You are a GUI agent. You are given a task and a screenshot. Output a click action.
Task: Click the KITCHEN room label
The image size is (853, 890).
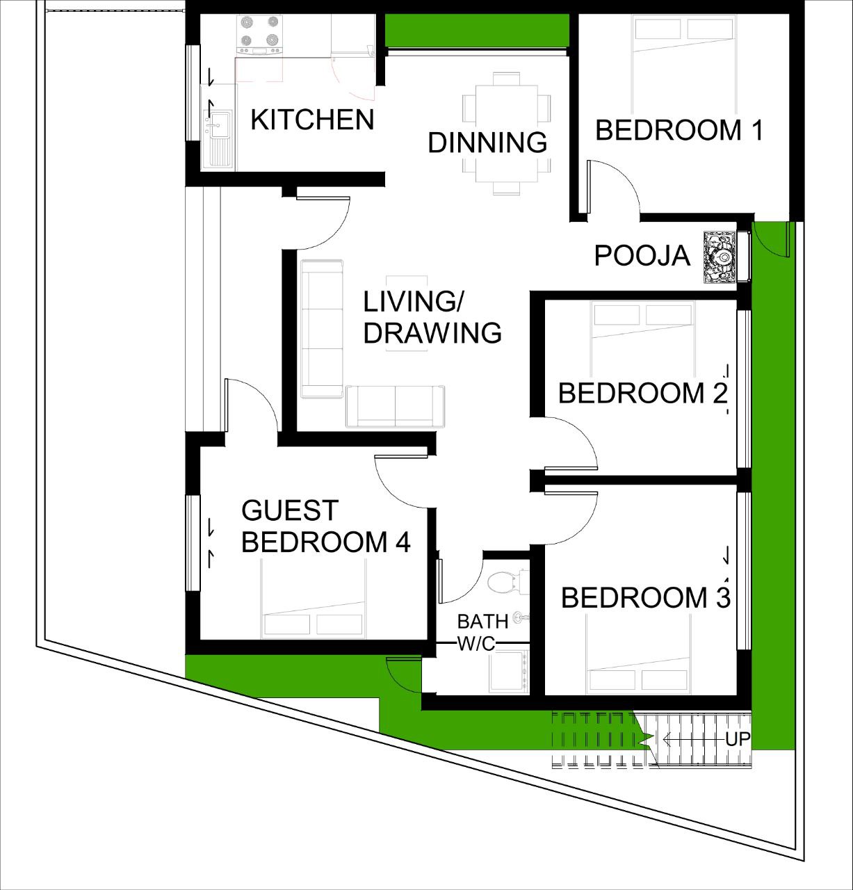click(312, 120)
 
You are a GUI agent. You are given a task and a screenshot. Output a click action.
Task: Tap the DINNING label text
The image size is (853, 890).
click(487, 143)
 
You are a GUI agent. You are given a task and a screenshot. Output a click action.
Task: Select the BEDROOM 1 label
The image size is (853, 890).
click(679, 130)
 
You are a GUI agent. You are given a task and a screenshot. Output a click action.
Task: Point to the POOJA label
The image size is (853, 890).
click(642, 255)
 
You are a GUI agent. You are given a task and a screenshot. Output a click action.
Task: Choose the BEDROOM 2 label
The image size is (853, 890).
click(642, 393)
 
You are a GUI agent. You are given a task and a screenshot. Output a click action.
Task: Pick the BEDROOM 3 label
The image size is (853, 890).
click(646, 597)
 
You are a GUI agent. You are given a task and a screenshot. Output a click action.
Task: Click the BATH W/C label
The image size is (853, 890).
click(482, 633)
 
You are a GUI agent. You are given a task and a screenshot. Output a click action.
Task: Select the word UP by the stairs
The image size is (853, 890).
click(738, 738)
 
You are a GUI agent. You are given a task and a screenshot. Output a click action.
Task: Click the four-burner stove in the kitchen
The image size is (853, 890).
click(260, 35)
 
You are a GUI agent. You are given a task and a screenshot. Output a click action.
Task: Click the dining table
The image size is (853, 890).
click(506, 133)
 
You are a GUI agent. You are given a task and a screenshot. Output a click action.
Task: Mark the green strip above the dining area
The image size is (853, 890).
click(477, 30)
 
